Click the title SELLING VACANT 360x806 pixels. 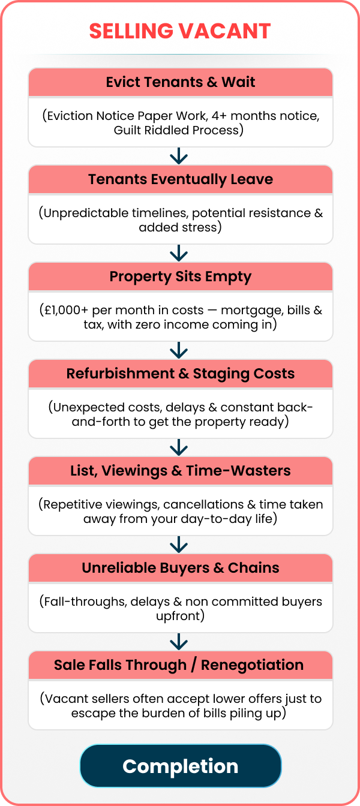[180, 31]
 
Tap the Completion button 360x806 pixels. [181, 766]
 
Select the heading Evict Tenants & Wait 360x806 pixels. [181, 82]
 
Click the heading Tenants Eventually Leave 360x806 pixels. [181, 179]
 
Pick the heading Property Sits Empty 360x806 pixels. [181, 276]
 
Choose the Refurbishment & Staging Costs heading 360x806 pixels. [181, 374]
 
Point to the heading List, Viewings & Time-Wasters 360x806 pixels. [181, 471]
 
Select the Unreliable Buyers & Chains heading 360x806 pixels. [181, 568]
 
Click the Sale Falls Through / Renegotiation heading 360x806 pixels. [179, 665]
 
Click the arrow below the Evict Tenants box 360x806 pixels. [179, 156]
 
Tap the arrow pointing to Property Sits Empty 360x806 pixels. [179, 253]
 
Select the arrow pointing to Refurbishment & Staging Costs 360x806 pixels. [179, 350]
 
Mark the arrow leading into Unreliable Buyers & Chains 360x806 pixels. [179, 545]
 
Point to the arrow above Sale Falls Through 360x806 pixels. [179, 642]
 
